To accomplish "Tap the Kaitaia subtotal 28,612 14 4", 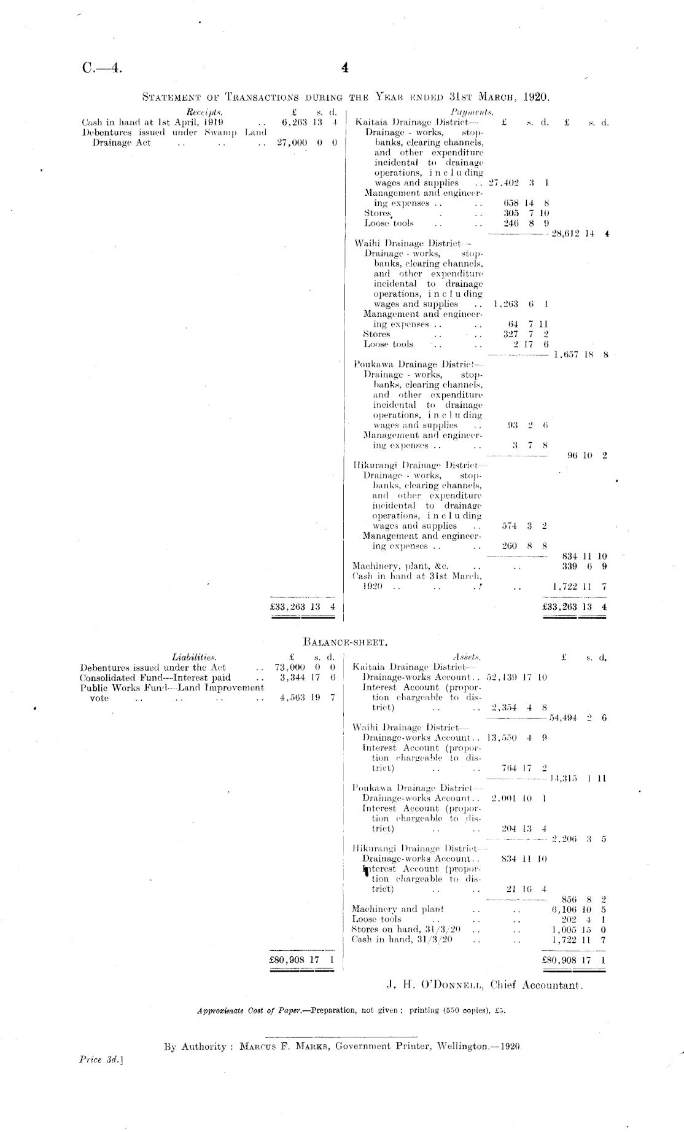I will [x=580, y=234].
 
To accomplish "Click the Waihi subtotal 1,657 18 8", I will [x=580, y=354].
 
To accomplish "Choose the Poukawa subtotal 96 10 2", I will [x=586, y=456].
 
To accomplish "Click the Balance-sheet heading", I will [x=344, y=644].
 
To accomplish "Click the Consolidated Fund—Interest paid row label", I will [x=155, y=677].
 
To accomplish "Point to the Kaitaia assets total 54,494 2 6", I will [x=578, y=717].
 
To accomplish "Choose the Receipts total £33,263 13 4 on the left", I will [x=303, y=606].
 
